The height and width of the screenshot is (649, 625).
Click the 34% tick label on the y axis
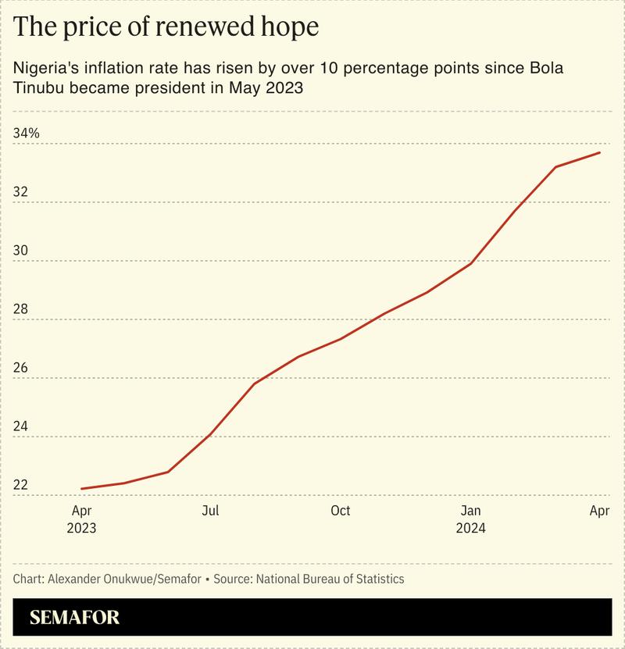pyautogui.click(x=26, y=134)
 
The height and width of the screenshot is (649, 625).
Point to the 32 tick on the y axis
pyautogui.click(x=20, y=192)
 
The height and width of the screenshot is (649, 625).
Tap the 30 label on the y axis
pyautogui.click(x=20, y=251)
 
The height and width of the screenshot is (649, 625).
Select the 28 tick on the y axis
pyautogui.click(x=20, y=309)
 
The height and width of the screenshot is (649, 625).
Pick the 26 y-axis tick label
pyautogui.click(x=20, y=368)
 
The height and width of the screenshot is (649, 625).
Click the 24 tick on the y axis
pyautogui.click(x=20, y=426)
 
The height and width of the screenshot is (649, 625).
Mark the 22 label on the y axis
pyautogui.click(x=20, y=485)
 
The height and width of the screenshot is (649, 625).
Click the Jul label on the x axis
pyautogui.click(x=210, y=511)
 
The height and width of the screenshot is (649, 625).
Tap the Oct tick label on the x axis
pyautogui.click(x=340, y=511)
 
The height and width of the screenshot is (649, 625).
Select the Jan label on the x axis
pyautogui.click(x=470, y=511)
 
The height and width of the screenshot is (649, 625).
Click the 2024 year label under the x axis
pyautogui.click(x=470, y=528)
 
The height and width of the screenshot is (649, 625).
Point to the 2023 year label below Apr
pyautogui.click(x=82, y=528)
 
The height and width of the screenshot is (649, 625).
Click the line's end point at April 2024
pyautogui.click(x=599, y=152)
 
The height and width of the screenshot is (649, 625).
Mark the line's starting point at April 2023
pyautogui.click(x=82, y=489)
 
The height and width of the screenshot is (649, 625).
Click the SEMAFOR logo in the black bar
pyautogui.click(x=75, y=618)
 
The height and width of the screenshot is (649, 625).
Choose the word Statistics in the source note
pyautogui.click(x=377, y=579)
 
